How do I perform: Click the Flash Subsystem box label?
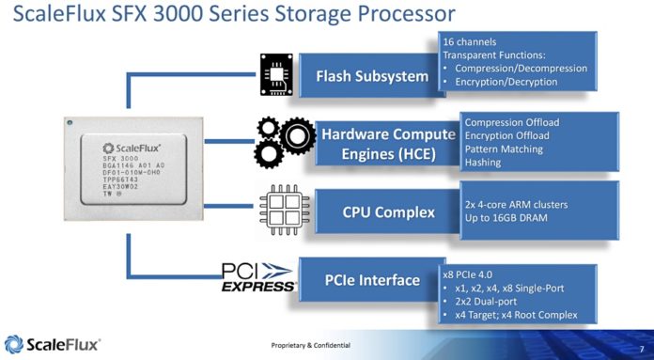[372, 75]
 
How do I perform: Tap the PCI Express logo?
[258, 277]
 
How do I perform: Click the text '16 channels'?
[470, 42]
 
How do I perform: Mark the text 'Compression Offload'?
[513, 121]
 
